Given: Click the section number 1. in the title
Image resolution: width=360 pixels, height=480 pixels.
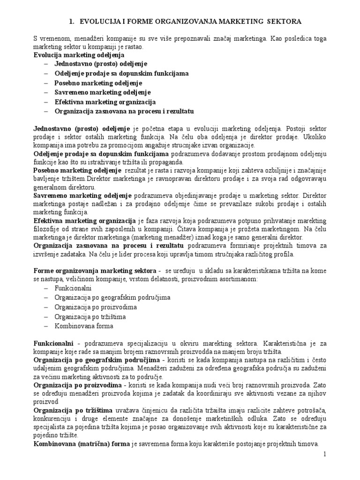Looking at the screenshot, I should point(72,22).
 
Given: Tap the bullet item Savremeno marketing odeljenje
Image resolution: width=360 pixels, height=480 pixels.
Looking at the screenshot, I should point(102,92).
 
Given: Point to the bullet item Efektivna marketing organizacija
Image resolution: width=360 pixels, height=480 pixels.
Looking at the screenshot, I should point(105,102).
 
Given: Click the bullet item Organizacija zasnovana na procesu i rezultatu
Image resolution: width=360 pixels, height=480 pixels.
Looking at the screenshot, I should point(124,111).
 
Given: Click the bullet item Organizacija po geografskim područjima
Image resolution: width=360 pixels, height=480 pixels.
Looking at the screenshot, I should point(112,298).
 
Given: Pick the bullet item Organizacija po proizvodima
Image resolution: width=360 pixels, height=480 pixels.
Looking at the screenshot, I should point(95,307).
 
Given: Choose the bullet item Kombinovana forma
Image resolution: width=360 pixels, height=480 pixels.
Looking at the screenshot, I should point(83,326).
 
